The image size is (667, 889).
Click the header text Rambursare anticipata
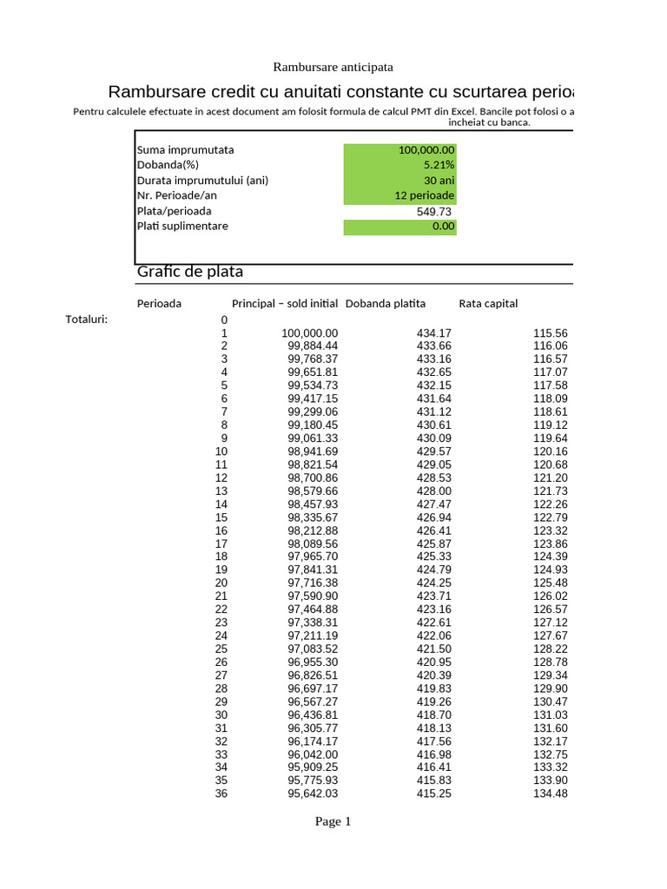(x=333, y=67)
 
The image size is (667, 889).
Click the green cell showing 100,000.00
(x=400, y=150)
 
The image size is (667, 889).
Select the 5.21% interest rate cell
(x=400, y=165)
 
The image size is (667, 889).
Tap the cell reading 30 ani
(x=400, y=181)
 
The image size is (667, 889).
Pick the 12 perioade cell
(x=400, y=195)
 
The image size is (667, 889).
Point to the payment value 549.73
(x=435, y=211)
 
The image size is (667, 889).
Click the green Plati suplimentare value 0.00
(x=400, y=227)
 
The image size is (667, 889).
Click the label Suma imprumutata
(x=185, y=150)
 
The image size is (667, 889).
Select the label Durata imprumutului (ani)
(x=202, y=181)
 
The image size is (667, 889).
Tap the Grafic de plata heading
(x=190, y=272)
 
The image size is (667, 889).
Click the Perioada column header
(x=159, y=304)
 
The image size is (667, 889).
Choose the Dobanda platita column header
(x=386, y=304)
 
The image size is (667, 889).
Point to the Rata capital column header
(x=488, y=304)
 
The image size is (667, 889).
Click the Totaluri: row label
(x=87, y=319)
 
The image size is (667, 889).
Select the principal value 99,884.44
(x=313, y=346)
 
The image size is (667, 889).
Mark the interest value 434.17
(x=434, y=333)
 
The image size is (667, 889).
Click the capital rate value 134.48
(x=550, y=794)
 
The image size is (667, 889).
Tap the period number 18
(x=221, y=556)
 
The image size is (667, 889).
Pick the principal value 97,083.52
(x=313, y=649)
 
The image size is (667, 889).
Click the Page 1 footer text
(x=333, y=822)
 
